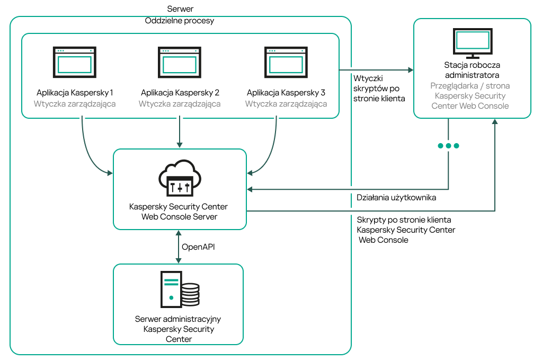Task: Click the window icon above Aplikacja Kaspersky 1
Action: coord(75,63)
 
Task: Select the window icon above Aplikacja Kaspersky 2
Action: coord(180,63)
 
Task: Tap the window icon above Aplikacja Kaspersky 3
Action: coord(286,63)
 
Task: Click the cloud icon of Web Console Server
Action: coord(180,178)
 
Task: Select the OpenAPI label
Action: coord(199,247)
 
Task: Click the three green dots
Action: coord(448,146)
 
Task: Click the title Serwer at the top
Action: coord(180,9)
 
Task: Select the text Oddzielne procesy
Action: coord(180,21)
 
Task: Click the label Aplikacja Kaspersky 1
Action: coord(75,92)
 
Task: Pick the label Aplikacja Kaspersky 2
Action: coord(180,92)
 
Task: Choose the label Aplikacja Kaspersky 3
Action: coord(286,92)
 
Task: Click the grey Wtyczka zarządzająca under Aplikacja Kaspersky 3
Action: coord(286,104)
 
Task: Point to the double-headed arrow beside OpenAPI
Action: coord(179,247)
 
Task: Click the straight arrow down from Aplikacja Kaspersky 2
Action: coord(180,133)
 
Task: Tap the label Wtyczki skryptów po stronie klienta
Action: coord(379,88)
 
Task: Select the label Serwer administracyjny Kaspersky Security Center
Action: coord(178,329)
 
